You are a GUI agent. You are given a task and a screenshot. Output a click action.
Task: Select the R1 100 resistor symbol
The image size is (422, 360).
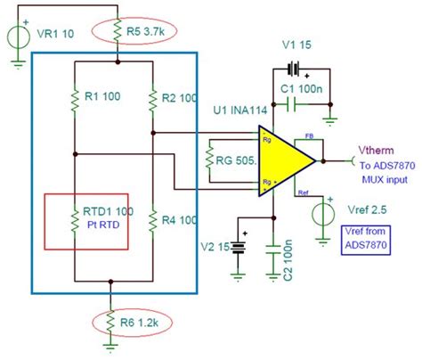(76, 94)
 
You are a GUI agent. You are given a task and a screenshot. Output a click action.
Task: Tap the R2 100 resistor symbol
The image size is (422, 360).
(152, 94)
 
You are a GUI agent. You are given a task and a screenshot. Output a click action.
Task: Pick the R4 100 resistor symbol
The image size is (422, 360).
(152, 217)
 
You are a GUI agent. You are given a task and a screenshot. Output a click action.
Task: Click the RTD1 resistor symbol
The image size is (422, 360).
(76, 217)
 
